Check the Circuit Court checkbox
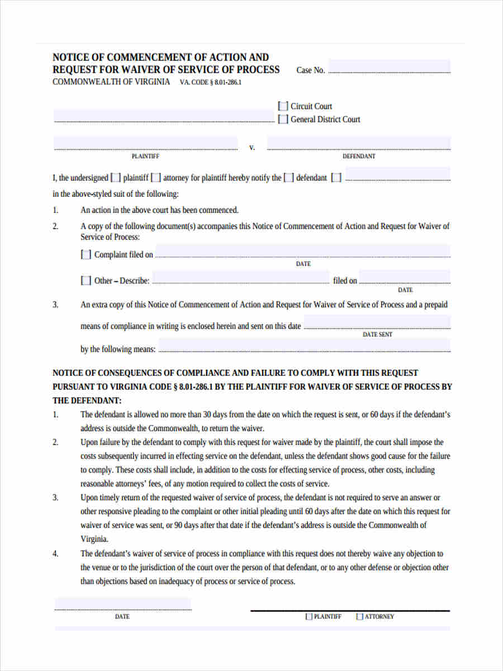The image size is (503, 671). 283,106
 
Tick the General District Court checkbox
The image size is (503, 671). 283,119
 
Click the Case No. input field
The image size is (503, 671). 389,67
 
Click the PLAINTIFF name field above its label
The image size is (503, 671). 145,143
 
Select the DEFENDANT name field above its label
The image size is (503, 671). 359,143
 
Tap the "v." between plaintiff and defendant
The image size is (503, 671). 252,148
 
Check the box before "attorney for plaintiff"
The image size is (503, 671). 156,178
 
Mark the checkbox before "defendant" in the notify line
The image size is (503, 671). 288,178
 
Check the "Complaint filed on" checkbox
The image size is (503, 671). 86,254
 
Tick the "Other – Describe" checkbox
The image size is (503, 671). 86,281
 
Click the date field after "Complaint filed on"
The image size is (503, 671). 302,251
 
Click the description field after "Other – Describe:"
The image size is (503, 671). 241,277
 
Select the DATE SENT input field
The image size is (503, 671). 377,323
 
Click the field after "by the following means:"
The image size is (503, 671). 305,346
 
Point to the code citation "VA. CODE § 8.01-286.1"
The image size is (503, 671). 211,83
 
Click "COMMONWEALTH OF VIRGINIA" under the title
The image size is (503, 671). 111,82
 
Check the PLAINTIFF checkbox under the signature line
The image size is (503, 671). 309,617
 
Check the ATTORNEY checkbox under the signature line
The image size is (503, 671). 360,617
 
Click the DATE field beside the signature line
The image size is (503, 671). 122,604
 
